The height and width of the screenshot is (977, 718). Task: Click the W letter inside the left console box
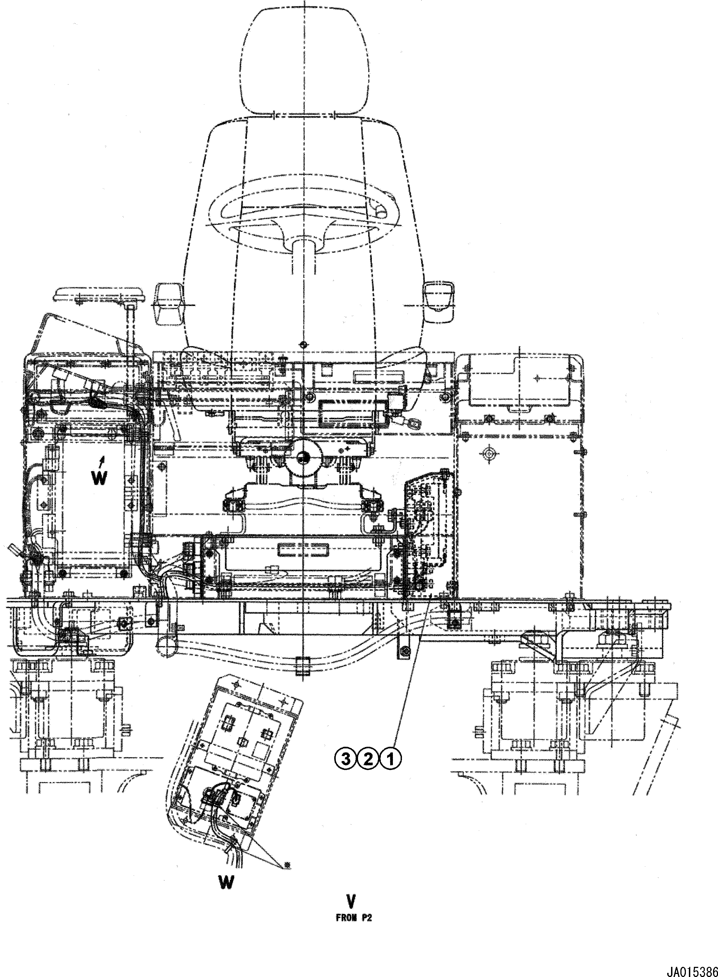[99, 478]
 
